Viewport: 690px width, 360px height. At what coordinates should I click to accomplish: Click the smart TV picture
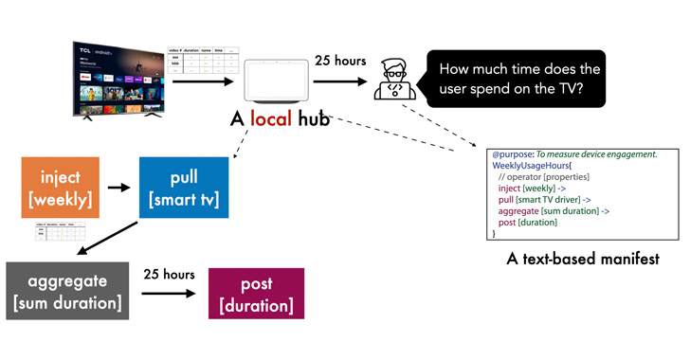(118, 80)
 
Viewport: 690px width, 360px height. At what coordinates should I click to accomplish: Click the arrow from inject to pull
(118, 187)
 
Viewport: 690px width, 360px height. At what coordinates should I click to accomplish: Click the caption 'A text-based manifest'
(583, 259)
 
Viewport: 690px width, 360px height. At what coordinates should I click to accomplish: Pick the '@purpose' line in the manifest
(574, 153)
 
